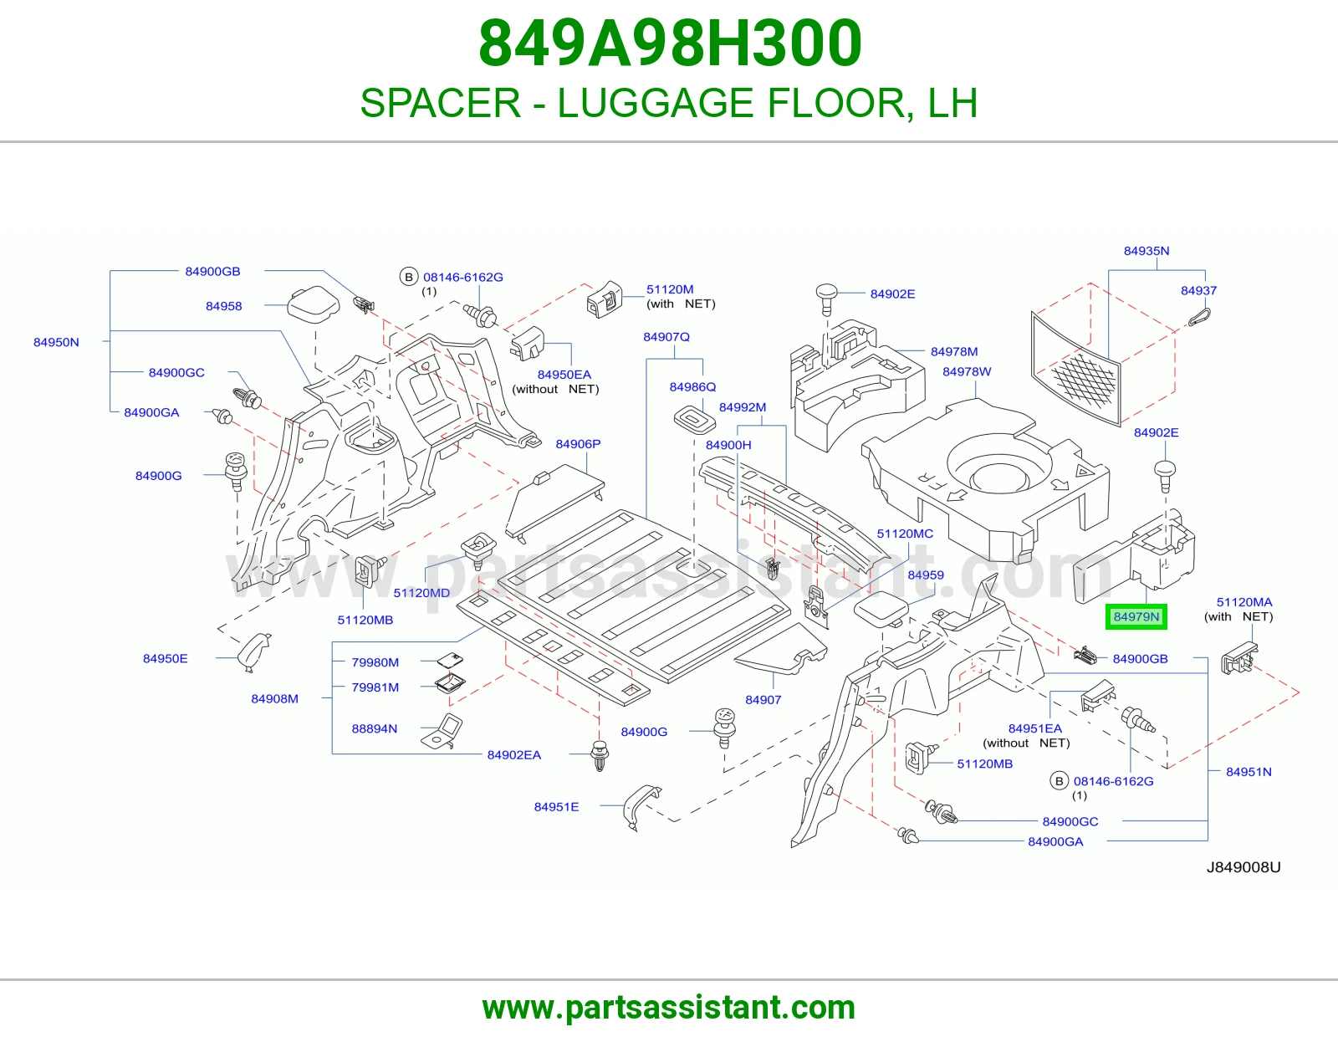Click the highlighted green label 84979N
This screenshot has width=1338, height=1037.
point(1136,616)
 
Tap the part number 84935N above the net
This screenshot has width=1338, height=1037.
point(1146,251)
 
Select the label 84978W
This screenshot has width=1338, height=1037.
point(967,372)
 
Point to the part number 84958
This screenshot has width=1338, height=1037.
point(223,306)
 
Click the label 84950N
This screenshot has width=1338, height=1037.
point(56,342)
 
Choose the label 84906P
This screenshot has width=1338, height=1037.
point(578,444)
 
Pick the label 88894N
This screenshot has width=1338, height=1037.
point(375,728)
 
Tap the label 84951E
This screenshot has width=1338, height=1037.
point(556,807)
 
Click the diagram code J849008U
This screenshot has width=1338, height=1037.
point(1244,867)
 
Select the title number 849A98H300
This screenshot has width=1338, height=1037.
point(670,43)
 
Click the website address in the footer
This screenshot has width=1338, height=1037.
point(669,1008)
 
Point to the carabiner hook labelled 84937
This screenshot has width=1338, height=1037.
point(1199,318)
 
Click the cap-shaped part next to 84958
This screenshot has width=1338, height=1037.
point(314,303)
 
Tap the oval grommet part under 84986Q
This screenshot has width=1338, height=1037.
point(695,420)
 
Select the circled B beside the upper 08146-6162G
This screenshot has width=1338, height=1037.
point(408,277)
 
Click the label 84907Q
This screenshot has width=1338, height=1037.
point(666,338)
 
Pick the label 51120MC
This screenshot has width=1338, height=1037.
point(905,534)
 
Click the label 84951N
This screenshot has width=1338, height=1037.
point(1249,772)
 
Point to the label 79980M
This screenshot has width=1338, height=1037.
point(375,662)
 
